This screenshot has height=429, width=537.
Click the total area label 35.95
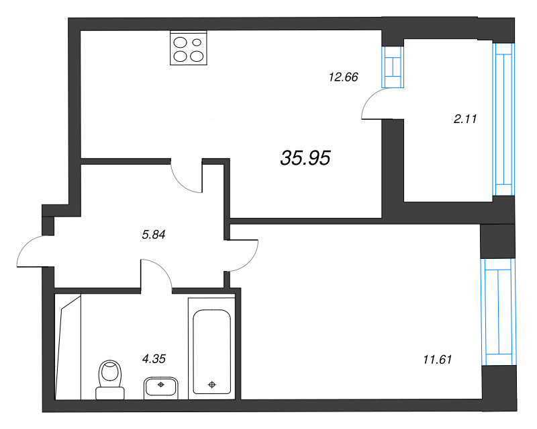click(305, 158)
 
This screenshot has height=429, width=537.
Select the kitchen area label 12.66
click(343, 77)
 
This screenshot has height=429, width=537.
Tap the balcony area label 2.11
click(465, 120)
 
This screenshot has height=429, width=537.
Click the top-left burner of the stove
click(181, 42)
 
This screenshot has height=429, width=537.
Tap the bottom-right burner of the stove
click(197, 56)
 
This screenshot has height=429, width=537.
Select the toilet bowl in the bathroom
click(109, 374)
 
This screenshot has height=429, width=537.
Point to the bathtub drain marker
click(212, 385)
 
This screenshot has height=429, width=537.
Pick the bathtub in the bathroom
click(211, 350)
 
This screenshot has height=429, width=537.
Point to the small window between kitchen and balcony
click(393, 67)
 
